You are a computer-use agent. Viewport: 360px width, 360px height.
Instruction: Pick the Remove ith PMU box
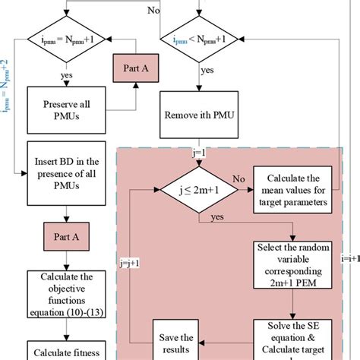[197, 115]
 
